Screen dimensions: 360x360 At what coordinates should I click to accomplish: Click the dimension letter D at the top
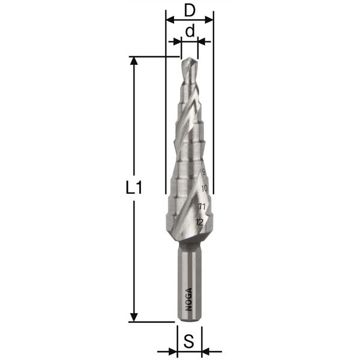click(190, 11)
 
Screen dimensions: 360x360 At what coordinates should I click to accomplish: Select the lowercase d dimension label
click(190, 31)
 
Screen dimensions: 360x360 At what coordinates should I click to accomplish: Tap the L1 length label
click(134, 188)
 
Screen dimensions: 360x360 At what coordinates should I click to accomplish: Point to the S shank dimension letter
click(189, 341)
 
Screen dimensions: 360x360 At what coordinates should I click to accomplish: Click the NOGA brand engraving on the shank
click(188, 299)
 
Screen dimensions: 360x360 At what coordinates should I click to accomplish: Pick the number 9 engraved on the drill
click(203, 172)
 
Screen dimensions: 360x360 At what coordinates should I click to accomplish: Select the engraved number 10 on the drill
click(205, 188)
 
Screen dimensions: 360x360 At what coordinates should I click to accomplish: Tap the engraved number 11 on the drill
click(202, 206)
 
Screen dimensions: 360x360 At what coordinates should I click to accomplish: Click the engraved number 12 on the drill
click(200, 222)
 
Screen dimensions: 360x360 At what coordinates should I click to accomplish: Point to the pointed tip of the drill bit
click(189, 58)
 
